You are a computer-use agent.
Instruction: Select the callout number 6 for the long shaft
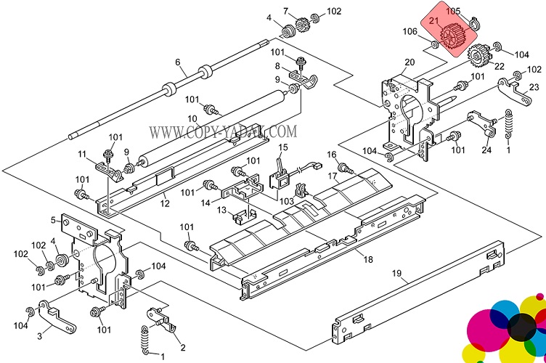pyautogui.click(x=176, y=62)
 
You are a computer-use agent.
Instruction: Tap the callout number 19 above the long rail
pyautogui.click(x=397, y=274)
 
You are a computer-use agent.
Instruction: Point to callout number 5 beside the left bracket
pyautogui.click(x=54, y=220)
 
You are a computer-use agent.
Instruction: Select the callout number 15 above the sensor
pyautogui.click(x=283, y=147)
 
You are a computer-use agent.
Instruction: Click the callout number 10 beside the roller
pyautogui.click(x=192, y=118)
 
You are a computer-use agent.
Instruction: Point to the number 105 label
pyautogui.click(x=453, y=11)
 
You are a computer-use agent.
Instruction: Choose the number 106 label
pyautogui.click(x=410, y=31)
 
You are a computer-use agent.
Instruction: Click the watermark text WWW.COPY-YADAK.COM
pyautogui.click(x=223, y=131)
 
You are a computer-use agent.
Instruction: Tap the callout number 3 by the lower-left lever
pyautogui.click(x=39, y=336)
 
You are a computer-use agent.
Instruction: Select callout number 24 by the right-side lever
pyautogui.click(x=486, y=150)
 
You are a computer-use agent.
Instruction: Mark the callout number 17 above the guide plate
pyautogui.click(x=333, y=176)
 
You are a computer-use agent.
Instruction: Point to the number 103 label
pyautogui.click(x=288, y=200)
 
